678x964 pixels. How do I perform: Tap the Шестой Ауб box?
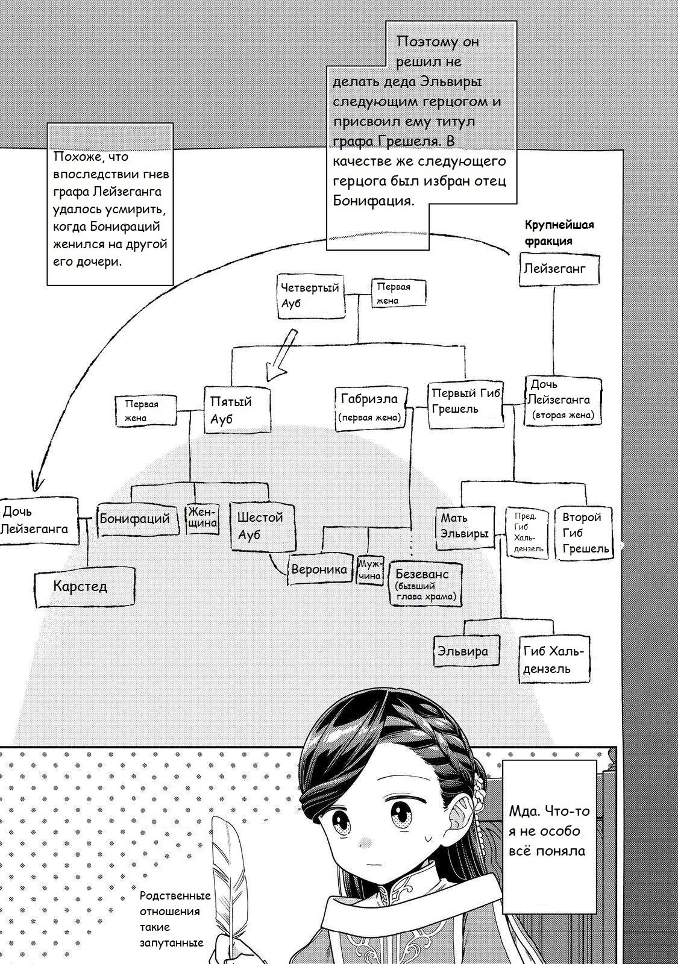(x=263, y=525)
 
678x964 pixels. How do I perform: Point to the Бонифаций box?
(x=138, y=519)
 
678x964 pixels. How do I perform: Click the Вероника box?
(x=321, y=569)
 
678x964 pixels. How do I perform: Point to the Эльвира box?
(x=466, y=651)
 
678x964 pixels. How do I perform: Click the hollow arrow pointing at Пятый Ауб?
(x=282, y=356)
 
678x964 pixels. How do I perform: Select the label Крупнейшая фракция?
(x=559, y=233)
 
